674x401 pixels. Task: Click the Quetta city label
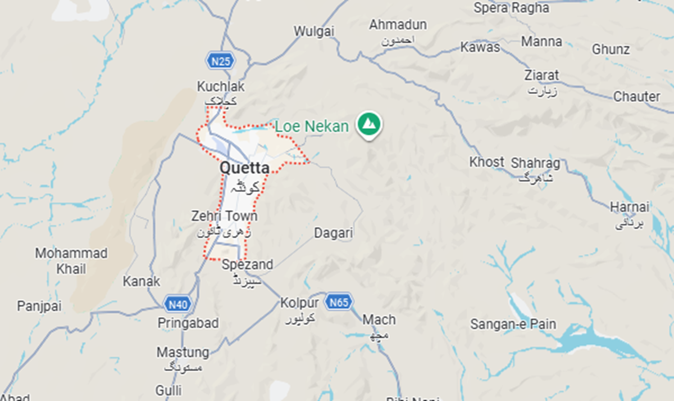pos(244,168)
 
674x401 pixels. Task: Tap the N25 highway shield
pos(220,61)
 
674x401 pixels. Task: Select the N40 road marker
pos(179,304)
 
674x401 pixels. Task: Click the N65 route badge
pos(339,302)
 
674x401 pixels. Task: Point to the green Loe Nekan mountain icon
pos(369,125)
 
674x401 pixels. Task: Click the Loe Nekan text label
pos(312,127)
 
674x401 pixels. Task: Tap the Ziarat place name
pos(541,75)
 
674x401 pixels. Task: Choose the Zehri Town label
pos(224,217)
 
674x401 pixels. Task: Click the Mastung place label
pos(183,353)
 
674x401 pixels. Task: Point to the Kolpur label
pos(299,303)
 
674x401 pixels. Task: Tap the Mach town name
pos(379,320)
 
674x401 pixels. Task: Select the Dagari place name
pos(333,233)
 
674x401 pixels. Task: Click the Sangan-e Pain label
pos(513,324)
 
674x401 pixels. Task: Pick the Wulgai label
pos(314,31)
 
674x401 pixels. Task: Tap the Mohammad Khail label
pos(71,260)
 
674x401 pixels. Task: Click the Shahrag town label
pos(535,163)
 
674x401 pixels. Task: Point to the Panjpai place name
pos(39,307)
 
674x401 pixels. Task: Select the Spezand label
pos(247,264)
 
